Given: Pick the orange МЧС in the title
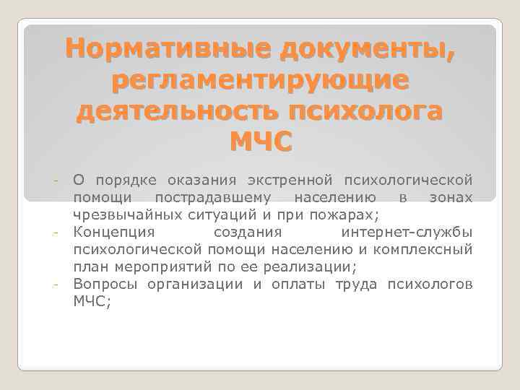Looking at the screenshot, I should point(260,143).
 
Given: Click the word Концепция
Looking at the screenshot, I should point(113,232).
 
